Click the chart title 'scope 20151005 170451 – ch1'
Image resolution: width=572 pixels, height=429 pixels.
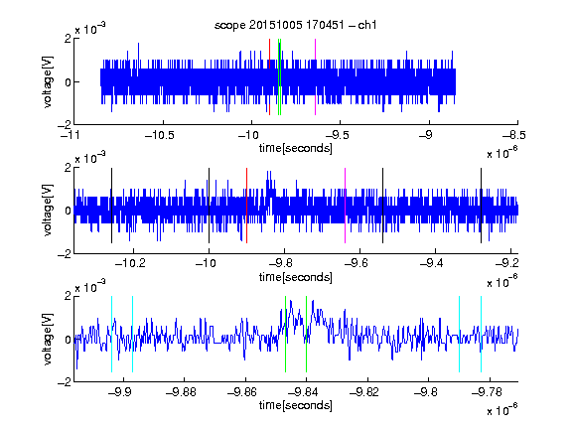296,25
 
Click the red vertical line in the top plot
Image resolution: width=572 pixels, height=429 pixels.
269,77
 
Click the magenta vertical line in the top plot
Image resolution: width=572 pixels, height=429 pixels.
315,77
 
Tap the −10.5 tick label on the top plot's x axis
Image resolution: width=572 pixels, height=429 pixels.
160,135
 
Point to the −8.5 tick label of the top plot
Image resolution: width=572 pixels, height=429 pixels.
514,135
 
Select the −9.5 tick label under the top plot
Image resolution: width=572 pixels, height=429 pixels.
337,135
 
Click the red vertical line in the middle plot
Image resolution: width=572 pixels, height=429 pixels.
247,206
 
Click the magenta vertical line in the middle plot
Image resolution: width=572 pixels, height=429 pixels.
346,206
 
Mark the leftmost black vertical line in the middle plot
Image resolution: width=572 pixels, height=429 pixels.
111,206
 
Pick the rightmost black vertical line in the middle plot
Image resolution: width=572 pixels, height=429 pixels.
481,206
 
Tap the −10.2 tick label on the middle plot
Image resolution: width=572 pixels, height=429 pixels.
130,263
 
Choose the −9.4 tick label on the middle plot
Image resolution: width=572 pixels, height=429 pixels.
432,263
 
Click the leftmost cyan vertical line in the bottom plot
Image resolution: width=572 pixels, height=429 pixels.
111,334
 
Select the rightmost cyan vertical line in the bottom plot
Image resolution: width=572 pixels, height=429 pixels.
482,334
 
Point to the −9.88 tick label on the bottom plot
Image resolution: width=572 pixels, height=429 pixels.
181,392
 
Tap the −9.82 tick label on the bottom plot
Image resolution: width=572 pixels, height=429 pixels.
364,392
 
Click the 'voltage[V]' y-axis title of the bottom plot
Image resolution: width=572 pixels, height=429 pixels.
48,339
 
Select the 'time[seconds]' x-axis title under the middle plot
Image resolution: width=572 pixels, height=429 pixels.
296,277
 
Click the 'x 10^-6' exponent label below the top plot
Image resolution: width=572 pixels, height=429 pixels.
501,152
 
